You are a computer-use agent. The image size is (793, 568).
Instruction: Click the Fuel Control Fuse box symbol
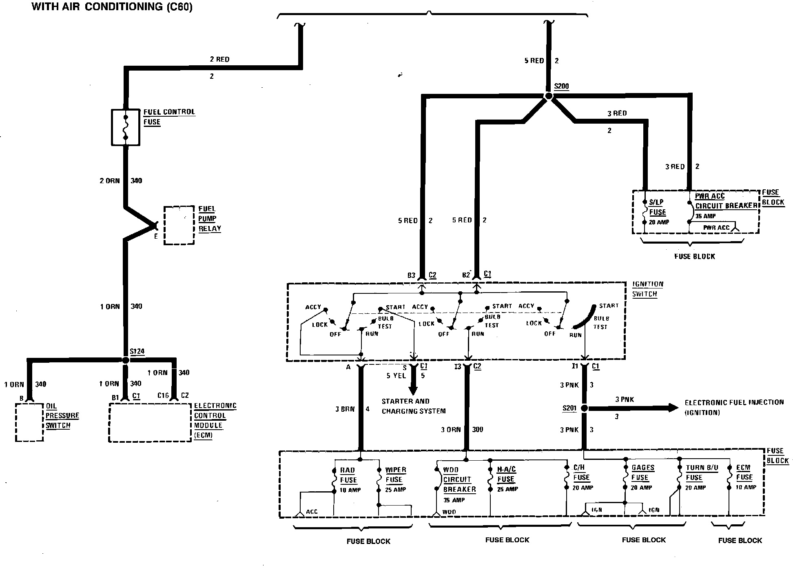pos(126,127)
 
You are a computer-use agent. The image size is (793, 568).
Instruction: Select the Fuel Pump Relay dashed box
pos(179,225)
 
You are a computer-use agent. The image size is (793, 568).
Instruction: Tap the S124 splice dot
pos(126,360)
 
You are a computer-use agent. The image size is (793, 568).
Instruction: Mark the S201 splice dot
pos(584,408)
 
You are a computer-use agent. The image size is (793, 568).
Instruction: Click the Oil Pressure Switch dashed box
pos(29,422)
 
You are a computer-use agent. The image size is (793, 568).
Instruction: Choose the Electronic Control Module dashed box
pos(150,423)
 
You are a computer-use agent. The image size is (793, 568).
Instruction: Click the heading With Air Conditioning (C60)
pos(112,7)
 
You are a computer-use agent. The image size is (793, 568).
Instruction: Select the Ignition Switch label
pos(648,289)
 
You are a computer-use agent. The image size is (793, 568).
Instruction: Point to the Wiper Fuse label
pos(395,475)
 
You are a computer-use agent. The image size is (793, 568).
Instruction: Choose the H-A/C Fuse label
pos(506,475)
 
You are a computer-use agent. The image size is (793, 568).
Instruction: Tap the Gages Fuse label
pos(642,473)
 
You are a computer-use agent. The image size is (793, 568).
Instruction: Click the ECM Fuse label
pos(744,473)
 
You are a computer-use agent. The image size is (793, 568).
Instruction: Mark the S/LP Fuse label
pos(657,207)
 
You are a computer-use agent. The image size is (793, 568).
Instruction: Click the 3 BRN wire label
pos(345,409)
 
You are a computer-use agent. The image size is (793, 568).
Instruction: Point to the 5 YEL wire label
pos(396,376)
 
